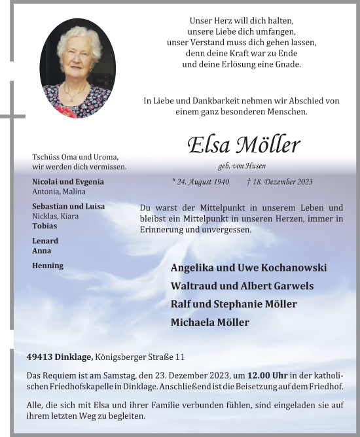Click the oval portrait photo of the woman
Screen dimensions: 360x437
(x=77, y=69)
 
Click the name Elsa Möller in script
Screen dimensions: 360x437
(x=243, y=145)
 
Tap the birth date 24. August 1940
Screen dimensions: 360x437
(x=200, y=182)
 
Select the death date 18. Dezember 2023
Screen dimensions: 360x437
(x=280, y=182)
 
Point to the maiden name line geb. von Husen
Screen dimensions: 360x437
(x=242, y=166)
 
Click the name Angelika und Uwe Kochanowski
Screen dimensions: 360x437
(x=248, y=268)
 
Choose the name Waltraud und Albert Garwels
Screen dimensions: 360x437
(x=242, y=286)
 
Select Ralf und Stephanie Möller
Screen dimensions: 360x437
(x=234, y=304)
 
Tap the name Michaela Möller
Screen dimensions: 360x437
(x=209, y=323)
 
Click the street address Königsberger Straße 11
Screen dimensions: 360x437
(x=139, y=357)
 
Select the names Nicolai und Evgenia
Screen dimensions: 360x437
(x=68, y=182)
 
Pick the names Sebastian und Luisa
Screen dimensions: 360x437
(x=68, y=206)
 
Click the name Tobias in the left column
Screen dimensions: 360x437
(x=45, y=226)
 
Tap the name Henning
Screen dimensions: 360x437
(x=48, y=266)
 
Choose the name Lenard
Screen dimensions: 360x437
(x=45, y=241)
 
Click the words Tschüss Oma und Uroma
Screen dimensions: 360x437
(x=75, y=157)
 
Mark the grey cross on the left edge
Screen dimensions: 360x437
(x=11, y=116)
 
